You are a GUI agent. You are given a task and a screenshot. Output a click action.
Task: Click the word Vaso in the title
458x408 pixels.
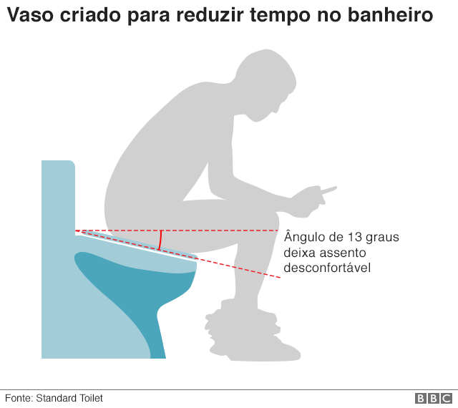pyautogui.click(x=30, y=14)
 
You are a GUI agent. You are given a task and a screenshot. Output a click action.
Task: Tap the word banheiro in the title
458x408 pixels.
pyautogui.click(x=391, y=14)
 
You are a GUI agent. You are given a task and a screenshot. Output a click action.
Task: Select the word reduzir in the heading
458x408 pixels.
pyautogui.click(x=210, y=14)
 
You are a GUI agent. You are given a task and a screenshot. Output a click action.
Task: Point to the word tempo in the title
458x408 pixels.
pyautogui.click(x=280, y=16)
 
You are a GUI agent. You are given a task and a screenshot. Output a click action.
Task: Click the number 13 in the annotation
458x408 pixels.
pyautogui.click(x=355, y=237)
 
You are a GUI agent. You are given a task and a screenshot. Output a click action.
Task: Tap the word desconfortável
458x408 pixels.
pyautogui.click(x=327, y=268)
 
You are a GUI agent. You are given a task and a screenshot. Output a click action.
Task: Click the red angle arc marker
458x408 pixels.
pyautogui.click(x=160, y=241)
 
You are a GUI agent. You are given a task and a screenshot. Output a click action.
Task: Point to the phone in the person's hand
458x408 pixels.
pyautogui.click(x=328, y=190)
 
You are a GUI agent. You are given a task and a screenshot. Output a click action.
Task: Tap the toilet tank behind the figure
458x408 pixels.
pyautogui.click(x=58, y=196)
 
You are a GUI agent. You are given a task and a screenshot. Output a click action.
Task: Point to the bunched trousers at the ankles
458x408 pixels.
pyautogui.click(x=243, y=321)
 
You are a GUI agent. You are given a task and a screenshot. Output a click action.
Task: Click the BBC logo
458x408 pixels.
pyautogui.click(x=434, y=399)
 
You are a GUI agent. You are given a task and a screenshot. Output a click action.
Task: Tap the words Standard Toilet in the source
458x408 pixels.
pyautogui.click(x=69, y=398)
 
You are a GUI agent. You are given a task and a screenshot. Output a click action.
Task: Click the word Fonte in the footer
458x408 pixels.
pyautogui.click(x=19, y=398)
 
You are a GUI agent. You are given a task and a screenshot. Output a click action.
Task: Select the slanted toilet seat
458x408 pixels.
pyautogui.click(x=139, y=244)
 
